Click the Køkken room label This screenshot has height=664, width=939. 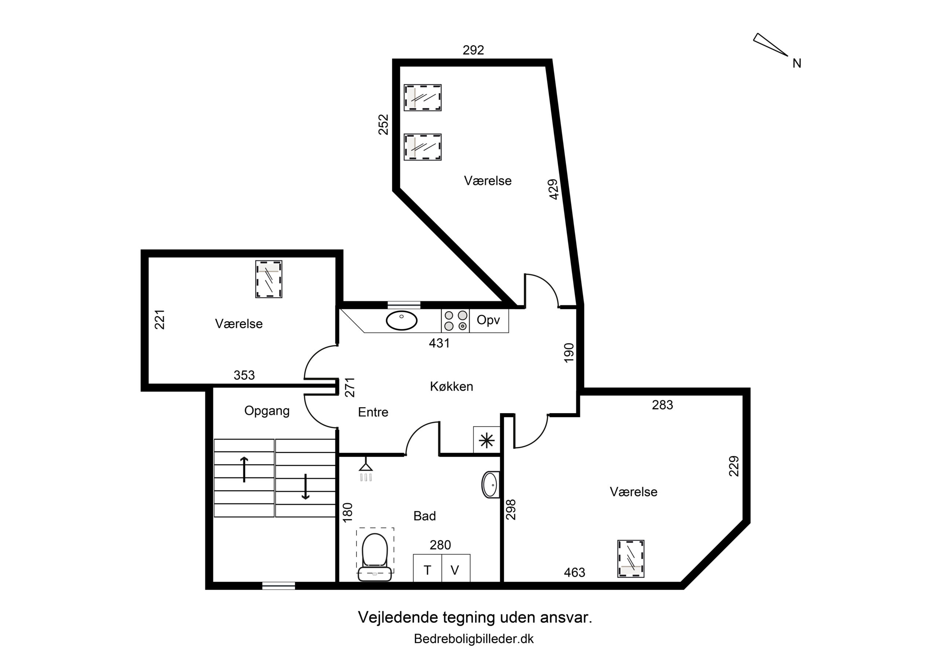pyautogui.click(x=452, y=387)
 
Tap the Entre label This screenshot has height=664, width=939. pyautogui.click(x=373, y=412)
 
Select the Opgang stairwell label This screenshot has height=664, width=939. pyautogui.click(x=267, y=411)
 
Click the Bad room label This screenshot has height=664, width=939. pyautogui.click(x=424, y=516)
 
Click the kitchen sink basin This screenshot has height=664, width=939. pyautogui.click(x=402, y=321)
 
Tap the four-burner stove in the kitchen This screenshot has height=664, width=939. pyautogui.click(x=456, y=321)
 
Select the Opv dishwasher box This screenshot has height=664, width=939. pyautogui.click(x=489, y=320)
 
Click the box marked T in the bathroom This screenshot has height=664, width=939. pyautogui.click(x=427, y=570)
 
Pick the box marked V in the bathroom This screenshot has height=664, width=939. pyautogui.click(x=455, y=570)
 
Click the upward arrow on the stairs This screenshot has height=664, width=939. pyautogui.click(x=244, y=470)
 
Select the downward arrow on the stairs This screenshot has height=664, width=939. pyautogui.click(x=305, y=487)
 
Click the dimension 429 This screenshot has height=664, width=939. pyautogui.click(x=553, y=189)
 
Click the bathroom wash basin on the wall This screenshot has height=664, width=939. pyautogui.click(x=490, y=485)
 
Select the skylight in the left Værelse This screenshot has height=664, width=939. pyautogui.click(x=269, y=279)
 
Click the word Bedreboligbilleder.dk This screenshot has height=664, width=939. pyautogui.click(x=474, y=639)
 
